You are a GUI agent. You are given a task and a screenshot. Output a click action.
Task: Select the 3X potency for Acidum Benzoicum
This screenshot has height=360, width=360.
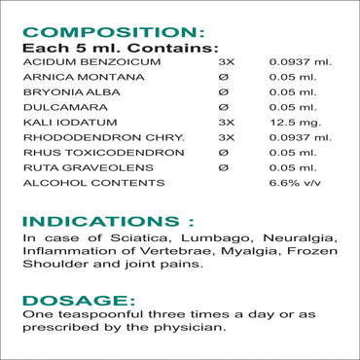click(x=226, y=60)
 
